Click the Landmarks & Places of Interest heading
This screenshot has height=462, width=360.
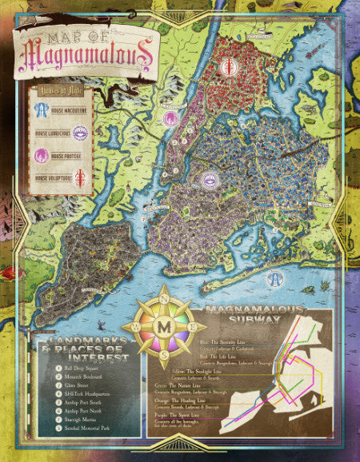click(88, 348)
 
